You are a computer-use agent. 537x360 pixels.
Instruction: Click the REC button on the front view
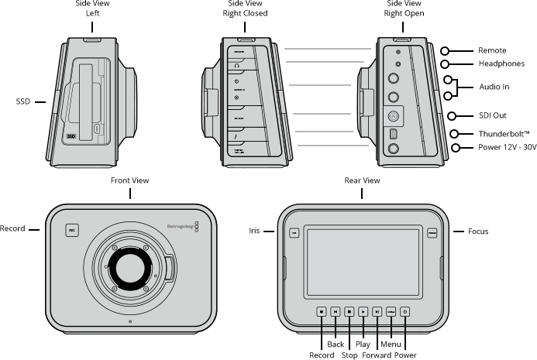[x=71, y=229]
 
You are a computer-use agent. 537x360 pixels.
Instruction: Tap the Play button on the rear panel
[x=363, y=311]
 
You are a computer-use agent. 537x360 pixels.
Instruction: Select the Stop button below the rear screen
[x=349, y=311]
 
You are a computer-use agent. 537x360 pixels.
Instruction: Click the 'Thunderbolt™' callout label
[x=493, y=134]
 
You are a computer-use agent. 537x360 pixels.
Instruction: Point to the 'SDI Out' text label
[x=492, y=115]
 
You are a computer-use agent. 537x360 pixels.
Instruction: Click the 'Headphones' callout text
[x=501, y=63]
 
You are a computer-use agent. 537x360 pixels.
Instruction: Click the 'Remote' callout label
[x=492, y=50]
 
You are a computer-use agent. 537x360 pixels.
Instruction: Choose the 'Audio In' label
[x=493, y=88]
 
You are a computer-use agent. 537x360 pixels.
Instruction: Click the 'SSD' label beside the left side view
[x=22, y=101]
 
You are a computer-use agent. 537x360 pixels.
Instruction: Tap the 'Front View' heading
[x=129, y=180]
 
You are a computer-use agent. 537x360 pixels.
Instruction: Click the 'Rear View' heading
[x=362, y=180]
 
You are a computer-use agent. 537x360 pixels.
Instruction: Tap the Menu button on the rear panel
[x=391, y=311]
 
